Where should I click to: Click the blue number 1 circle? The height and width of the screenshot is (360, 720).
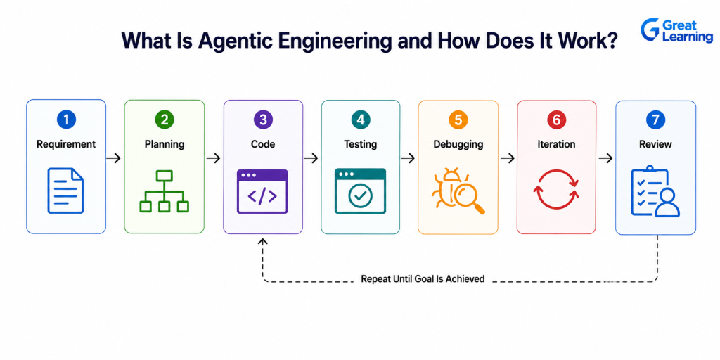coord(66,120)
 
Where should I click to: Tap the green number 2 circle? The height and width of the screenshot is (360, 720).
coord(165,120)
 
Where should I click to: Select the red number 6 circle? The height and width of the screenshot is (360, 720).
coord(557,120)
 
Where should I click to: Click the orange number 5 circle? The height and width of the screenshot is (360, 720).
coord(458,120)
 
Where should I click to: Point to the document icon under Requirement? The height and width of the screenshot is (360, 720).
coord(65,190)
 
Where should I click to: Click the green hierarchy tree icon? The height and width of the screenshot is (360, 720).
coord(165,191)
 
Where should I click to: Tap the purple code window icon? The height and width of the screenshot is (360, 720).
coord(263,191)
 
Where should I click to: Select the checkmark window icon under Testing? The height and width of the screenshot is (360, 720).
coord(361,191)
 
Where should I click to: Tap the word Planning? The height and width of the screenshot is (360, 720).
coord(165,144)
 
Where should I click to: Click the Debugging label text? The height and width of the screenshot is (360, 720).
coord(458,144)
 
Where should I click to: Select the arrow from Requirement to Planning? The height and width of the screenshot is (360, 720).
coord(113,158)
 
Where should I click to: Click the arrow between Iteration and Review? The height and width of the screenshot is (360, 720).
coord(606,158)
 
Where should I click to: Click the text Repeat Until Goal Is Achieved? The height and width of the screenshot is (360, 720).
coord(423,278)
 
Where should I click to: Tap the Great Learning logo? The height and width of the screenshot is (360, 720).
coord(676,31)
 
